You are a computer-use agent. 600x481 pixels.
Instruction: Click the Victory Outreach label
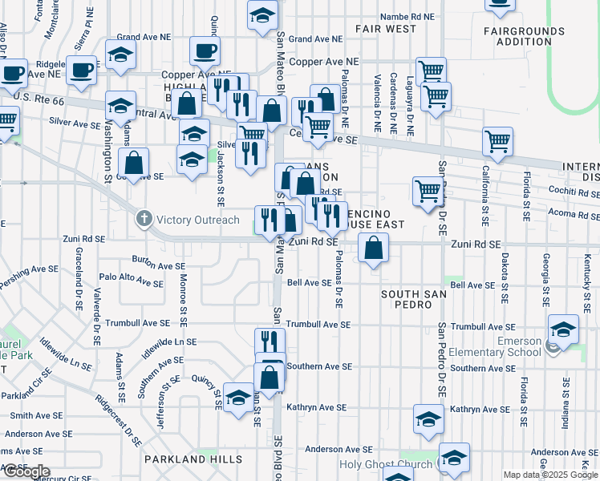[x=197, y=219]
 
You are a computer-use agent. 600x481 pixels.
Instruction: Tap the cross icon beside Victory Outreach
[x=144, y=218]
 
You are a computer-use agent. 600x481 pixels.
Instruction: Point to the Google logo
[x=26, y=471]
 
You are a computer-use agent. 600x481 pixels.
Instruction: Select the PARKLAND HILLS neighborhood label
[x=193, y=459]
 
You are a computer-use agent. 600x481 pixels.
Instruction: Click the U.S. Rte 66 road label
[x=38, y=98]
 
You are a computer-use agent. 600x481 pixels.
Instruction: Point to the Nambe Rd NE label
[x=407, y=16]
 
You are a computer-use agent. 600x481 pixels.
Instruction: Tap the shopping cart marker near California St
[x=497, y=142]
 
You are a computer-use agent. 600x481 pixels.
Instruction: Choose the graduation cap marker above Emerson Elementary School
[x=563, y=329]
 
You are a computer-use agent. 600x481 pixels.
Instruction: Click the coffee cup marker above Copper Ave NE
[x=205, y=51]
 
